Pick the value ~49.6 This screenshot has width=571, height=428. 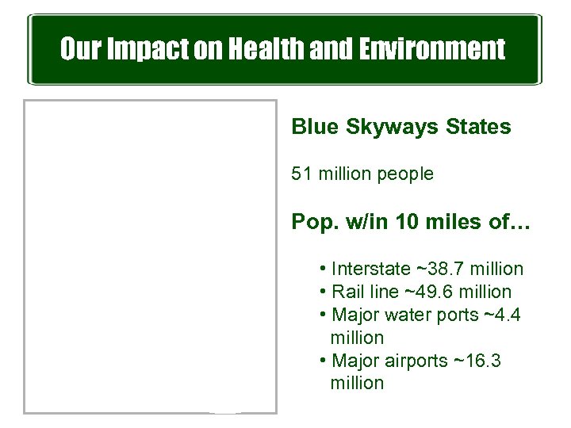[427, 292]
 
